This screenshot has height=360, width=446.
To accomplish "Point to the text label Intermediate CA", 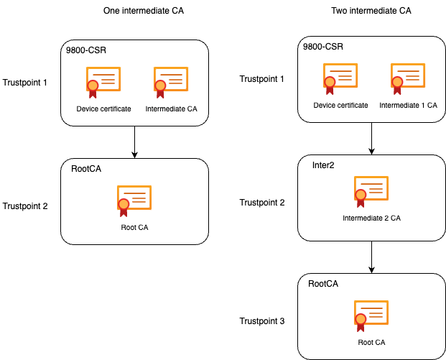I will coord(171,109).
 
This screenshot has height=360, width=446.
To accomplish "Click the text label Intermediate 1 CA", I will coord(408,106).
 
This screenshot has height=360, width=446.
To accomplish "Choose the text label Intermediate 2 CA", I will coord(371,218).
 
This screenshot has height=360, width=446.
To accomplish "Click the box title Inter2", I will coord(323,165).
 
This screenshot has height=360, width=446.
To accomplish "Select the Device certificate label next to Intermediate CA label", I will coord(103,109).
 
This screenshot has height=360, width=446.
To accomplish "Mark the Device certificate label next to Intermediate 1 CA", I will coord(340,106).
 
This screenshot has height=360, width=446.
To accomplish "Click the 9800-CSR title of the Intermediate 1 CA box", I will coord(323,47).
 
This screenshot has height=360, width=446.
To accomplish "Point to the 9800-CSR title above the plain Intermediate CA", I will coord(86,51).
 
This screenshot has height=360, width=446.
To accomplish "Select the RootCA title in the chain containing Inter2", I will coord(323,284).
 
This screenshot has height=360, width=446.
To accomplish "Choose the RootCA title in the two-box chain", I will coord(86,170).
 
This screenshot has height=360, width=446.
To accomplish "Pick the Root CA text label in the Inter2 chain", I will coord(371,342).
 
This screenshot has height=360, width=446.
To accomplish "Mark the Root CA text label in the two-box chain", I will coord(134,228).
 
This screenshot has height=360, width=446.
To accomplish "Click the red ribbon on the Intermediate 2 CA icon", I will coord(361,198).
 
